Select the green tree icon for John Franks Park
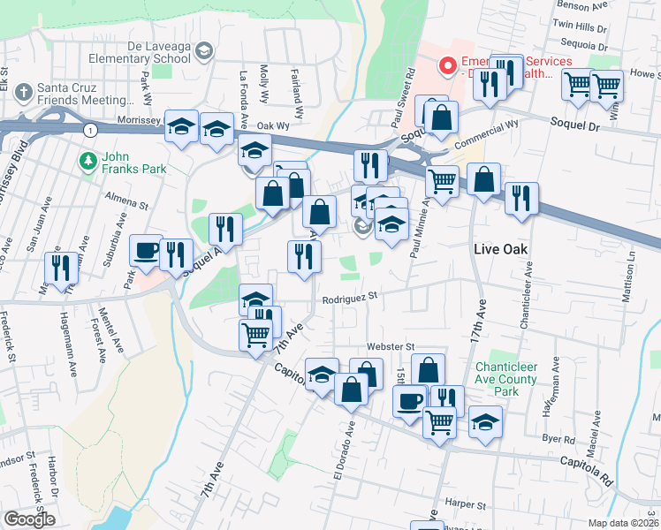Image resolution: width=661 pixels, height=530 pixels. coord(87,161)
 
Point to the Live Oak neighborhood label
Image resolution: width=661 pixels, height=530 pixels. coord(501,249)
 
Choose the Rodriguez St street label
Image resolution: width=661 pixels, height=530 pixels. coord(349,298)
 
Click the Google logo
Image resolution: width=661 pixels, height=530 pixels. coord(28,519)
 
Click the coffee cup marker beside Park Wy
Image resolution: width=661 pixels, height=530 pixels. coord(146,252)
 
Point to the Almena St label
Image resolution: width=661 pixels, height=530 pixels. coord(126,201)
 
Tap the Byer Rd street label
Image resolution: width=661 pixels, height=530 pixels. coord(558,439)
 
